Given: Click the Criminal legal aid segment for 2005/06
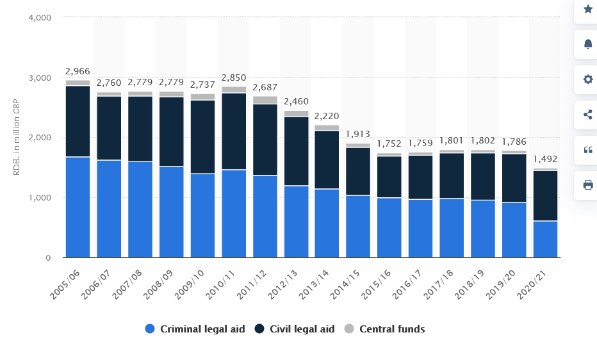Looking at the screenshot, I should pyautogui.click(x=78, y=207).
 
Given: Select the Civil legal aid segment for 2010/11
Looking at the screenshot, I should pyautogui.click(x=234, y=131).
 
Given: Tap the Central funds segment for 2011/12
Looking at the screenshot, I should pyautogui.click(x=265, y=100).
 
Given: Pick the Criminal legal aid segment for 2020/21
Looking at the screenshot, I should pyautogui.click(x=545, y=239).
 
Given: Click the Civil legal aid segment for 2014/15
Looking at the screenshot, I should pyautogui.click(x=359, y=171).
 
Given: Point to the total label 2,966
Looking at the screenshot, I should pyautogui.click(x=78, y=71).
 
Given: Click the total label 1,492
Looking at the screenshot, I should pyautogui.click(x=545, y=160).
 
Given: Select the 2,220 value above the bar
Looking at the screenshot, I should pyautogui.click(x=327, y=116).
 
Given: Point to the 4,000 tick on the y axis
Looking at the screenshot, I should pyautogui.click(x=40, y=17).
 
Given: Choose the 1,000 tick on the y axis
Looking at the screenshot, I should pyautogui.click(x=40, y=198).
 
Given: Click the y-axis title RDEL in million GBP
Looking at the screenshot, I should pyautogui.click(x=16, y=138).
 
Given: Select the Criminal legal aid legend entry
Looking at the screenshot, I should pyautogui.click(x=195, y=329).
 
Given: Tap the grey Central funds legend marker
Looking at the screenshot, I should pyautogui.click(x=349, y=329).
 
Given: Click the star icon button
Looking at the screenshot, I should pyautogui.click(x=587, y=9).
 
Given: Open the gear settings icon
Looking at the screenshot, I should pyautogui.click(x=587, y=79).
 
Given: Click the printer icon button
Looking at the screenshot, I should pyautogui.click(x=587, y=184).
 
